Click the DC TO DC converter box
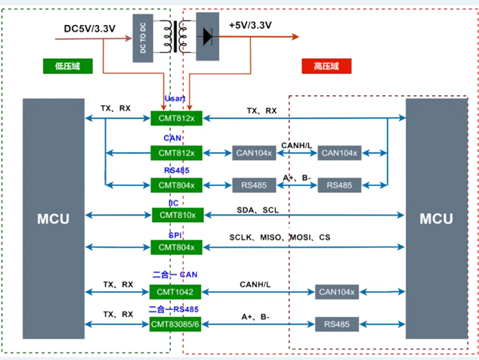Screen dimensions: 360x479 tap(144, 36)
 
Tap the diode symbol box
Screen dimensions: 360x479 tap(206, 36)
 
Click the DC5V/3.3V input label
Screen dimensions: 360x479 tap(89, 29)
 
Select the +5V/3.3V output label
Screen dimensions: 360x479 tap(250, 25)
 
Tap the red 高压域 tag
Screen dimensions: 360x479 tap(326, 67)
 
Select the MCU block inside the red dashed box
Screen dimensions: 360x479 tap(436, 219)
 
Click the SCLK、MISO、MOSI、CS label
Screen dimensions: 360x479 tap(280, 237)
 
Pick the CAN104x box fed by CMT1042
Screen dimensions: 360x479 tap(337, 292)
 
